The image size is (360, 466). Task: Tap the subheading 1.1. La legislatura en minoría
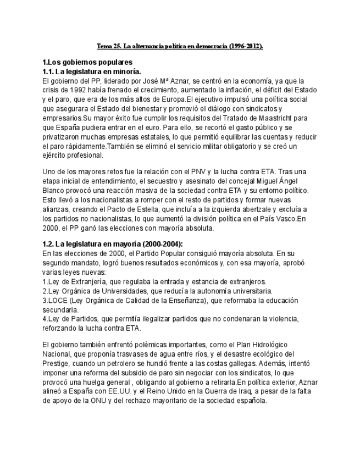tap(92, 71)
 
